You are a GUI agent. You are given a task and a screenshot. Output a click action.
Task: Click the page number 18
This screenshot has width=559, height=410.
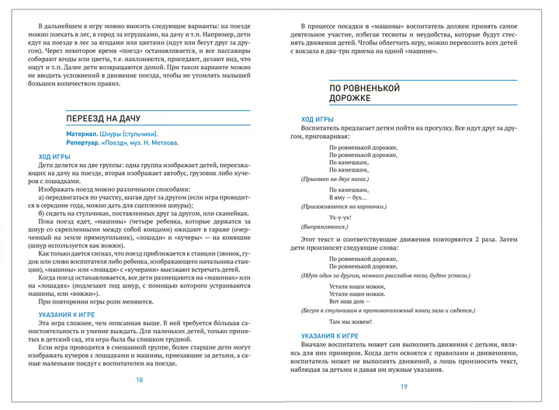coord(139,380)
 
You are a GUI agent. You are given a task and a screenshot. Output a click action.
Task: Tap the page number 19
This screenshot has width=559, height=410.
coord(404,387)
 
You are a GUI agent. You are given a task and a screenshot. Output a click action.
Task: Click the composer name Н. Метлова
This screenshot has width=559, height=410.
coord(160,143)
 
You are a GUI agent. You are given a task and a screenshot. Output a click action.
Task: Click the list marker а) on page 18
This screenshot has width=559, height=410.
coord(41,200)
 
